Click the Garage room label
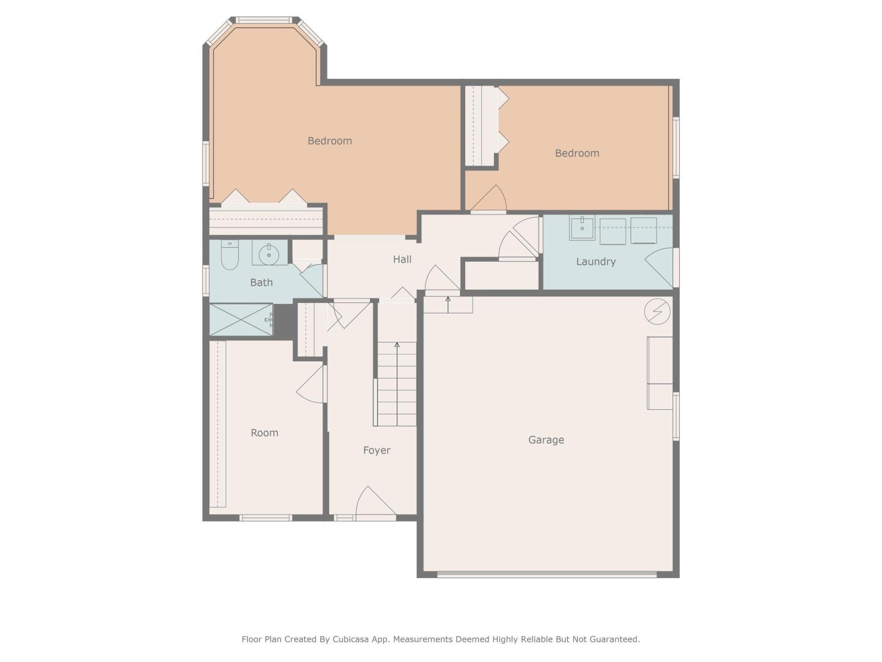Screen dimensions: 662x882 (546, 440)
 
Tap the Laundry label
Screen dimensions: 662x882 (595, 261)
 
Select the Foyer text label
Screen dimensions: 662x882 (377, 450)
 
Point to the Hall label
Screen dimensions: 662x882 (402, 259)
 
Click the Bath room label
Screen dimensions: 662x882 (261, 282)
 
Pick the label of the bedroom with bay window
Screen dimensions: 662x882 (330, 141)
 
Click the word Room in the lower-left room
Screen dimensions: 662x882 (264, 433)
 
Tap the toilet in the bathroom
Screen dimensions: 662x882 (229, 256)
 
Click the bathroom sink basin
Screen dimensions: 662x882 (270, 254)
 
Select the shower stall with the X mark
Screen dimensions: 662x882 (241, 319)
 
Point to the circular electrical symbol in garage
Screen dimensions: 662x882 (657, 312)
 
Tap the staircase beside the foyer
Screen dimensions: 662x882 (396, 383)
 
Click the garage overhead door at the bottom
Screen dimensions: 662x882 (546, 574)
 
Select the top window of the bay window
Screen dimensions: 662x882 (263, 20)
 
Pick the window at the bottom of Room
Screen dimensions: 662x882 (265, 517)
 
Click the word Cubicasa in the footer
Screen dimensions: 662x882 (351, 639)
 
